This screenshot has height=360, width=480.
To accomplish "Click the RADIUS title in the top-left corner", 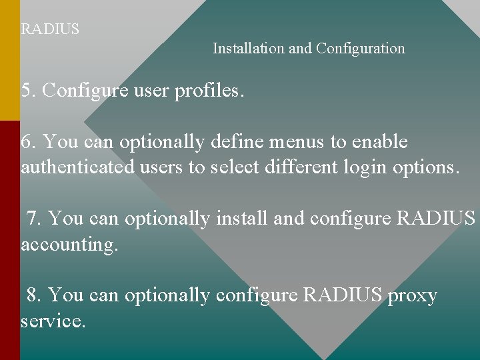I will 50,29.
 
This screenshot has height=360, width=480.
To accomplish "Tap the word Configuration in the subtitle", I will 361,49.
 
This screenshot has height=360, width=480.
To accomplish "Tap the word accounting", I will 69,245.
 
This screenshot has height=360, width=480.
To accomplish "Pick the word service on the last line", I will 53,321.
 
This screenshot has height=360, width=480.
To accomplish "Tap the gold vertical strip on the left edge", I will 9,60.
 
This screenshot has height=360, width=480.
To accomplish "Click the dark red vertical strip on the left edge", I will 9,240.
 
